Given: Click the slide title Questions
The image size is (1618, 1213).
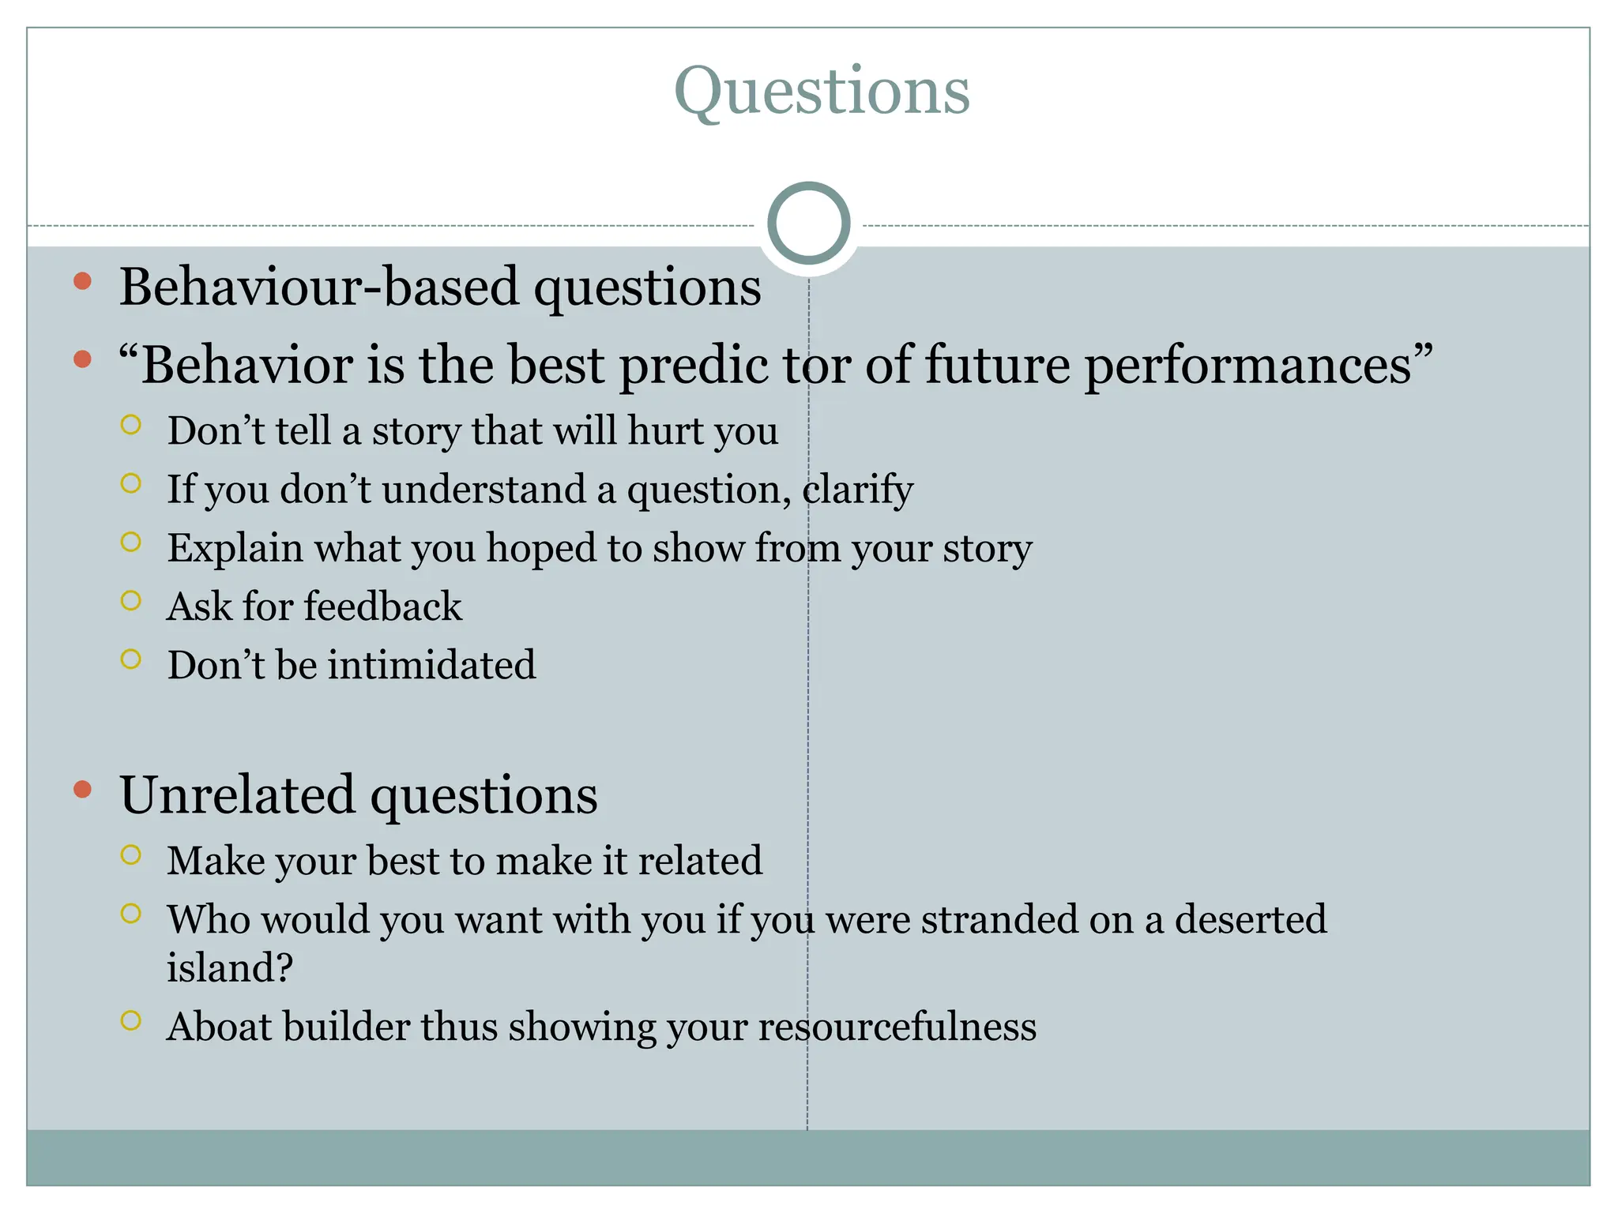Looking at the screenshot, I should click(x=822, y=92).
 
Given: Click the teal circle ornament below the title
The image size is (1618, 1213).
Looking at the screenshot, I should click(x=808, y=223).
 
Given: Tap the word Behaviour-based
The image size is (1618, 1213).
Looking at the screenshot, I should click(x=320, y=286).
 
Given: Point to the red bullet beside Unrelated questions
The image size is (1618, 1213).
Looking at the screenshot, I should click(x=82, y=789).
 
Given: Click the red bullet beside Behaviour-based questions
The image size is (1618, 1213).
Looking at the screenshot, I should click(x=82, y=281).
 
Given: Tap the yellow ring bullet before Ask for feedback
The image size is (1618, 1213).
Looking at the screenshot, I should click(x=131, y=601).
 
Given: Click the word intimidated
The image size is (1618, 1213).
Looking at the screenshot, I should click(x=431, y=665).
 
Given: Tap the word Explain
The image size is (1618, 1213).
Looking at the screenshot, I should click(x=235, y=548).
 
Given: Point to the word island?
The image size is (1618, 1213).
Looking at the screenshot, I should click(x=229, y=967).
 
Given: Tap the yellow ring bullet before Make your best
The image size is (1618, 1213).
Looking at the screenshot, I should click(x=131, y=855).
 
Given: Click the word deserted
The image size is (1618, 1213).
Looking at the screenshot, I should click(x=1250, y=919).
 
